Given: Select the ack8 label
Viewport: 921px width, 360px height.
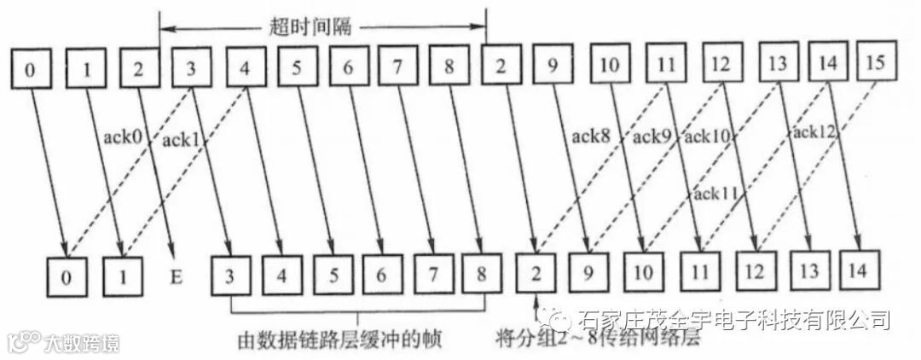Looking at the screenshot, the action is pyautogui.click(x=590, y=135).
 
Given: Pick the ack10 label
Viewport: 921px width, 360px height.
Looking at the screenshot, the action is pyautogui.click(x=707, y=136).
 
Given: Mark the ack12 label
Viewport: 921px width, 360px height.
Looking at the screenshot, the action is pyautogui.click(x=814, y=131).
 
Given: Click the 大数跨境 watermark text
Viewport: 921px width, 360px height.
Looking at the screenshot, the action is pyautogui.click(x=81, y=343).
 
